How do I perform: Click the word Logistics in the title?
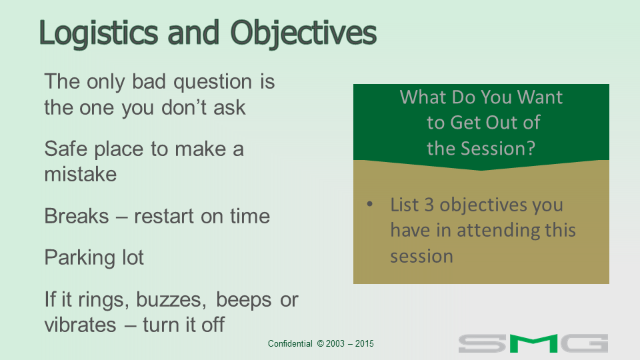tap(99, 33)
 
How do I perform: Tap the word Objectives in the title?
tap(303, 33)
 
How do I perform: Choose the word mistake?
tap(81, 174)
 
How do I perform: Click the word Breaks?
tap(77, 216)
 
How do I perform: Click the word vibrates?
tap(80, 325)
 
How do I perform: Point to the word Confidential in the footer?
tap(290, 344)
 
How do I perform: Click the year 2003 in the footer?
tap(335, 344)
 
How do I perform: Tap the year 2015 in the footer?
tap(364, 344)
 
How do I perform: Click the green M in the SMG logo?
tap(533, 343)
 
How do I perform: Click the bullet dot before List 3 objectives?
tap(370, 204)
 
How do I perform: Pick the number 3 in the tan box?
tap(429, 205)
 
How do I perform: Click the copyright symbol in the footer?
tap(321, 344)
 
